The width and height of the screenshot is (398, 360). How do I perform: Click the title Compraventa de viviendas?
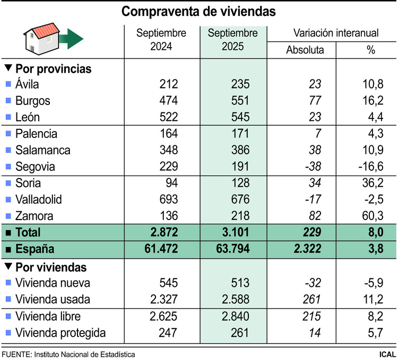[x=199, y=11]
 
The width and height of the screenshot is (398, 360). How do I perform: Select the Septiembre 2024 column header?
[x=161, y=40]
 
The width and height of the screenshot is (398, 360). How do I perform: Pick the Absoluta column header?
[x=304, y=50]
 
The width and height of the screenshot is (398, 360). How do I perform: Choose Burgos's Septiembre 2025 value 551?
[x=233, y=101]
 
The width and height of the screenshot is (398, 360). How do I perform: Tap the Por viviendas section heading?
[x=51, y=267]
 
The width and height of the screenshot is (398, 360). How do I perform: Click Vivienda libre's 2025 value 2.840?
[x=233, y=317]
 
